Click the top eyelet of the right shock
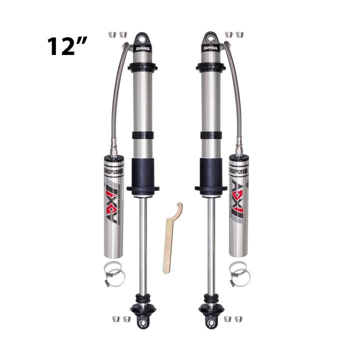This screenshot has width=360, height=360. coord(209,38)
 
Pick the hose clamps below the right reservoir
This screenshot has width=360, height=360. coord(239,273)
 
